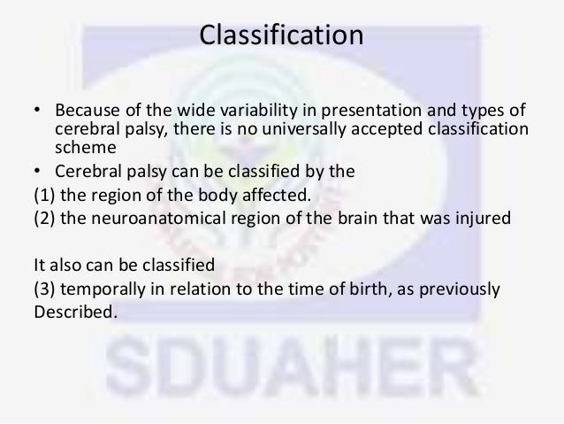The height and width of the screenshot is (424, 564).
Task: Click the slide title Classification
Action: [x=281, y=37]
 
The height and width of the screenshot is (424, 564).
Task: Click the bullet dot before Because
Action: [x=37, y=112]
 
